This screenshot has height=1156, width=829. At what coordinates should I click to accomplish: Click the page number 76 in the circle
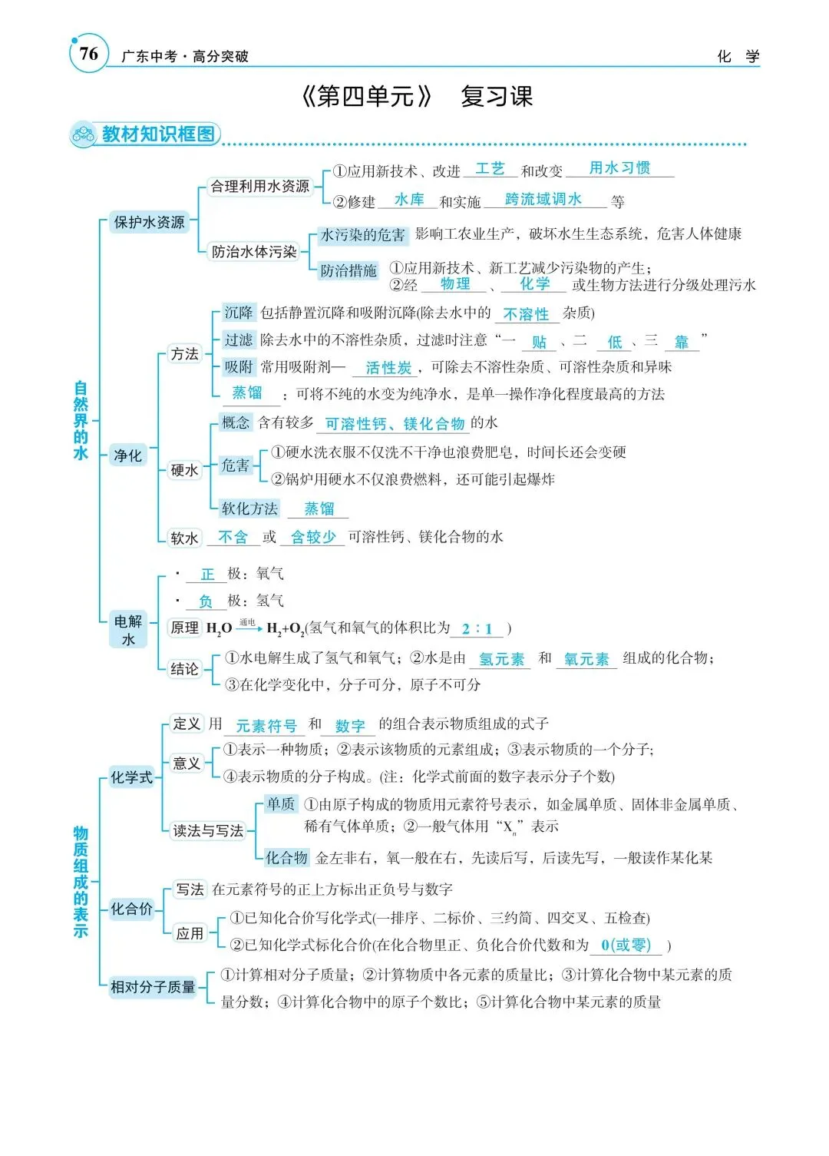pyautogui.click(x=88, y=54)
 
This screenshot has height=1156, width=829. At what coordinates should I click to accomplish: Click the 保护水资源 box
pyautogui.click(x=149, y=222)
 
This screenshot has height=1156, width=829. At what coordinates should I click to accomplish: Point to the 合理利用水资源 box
pyautogui.click(x=260, y=186)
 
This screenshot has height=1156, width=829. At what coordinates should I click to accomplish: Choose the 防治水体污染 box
pyautogui.click(x=254, y=251)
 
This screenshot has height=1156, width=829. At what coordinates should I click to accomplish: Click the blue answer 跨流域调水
pyautogui.click(x=543, y=199)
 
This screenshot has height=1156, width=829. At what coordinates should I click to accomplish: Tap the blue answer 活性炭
pyautogui.click(x=388, y=368)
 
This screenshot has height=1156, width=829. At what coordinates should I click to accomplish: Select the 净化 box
pyautogui.click(x=127, y=455)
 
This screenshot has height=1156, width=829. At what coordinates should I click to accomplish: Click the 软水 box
pyautogui.click(x=184, y=538)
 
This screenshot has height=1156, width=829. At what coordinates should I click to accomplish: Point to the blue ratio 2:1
pyautogui.click(x=477, y=628)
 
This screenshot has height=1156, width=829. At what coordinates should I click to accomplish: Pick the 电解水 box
pyautogui.click(x=128, y=630)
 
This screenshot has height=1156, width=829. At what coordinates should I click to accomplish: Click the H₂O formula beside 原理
pyautogui.click(x=219, y=628)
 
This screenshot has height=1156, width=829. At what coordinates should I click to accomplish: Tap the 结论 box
pyautogui.click(x=184, y=669)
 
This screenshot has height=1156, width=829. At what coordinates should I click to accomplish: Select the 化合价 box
pyautogui.click(x=131, y=909)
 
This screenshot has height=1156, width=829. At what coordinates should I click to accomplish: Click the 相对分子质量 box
pyautogui.click(x=153, y=987)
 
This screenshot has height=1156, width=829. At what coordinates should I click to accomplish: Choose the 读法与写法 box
pyautogui.click(x=208, y=830)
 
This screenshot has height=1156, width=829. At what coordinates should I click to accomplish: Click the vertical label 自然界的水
pyautogui.click(x=81, y=421)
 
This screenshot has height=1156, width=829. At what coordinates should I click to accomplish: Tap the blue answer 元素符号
pyautogui.click(x=266, y=726)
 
